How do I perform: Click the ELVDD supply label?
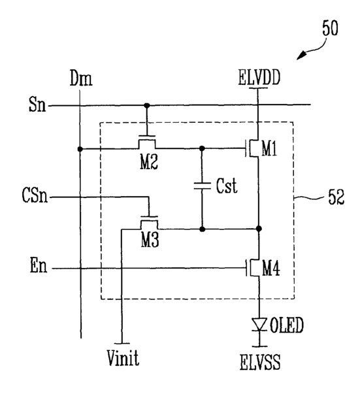[x=259, y=77]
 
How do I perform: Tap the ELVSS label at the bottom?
[x=260, y=362]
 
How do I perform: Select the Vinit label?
[x=123, y=358]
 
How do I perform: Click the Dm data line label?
[x=81, y=78]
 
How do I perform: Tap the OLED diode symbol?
[x=259, y=325]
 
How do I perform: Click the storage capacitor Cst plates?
[x=202, y=186]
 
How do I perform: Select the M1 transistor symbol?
[x=252, y=148]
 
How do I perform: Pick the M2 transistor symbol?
[x=147, y=142]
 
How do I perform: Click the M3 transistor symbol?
[x=149, y=223]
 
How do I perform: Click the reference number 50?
[x=330, y=28]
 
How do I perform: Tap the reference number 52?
[x=336, y=197]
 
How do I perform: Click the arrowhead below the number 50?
[x=301, y=56]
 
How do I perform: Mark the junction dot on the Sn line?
[x=146, y=105]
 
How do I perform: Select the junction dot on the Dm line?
[x=80, y=149]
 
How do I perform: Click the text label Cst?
[x=227, y=186]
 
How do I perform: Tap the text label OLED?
[x=287, y=325]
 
